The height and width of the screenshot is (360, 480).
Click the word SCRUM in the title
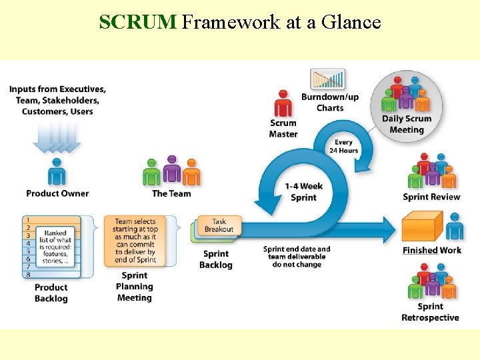click(137, 23)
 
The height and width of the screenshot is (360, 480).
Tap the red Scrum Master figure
click(283, 105)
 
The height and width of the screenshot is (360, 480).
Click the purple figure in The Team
click(172, 171)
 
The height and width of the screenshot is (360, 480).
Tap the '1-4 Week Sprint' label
click(303, 192)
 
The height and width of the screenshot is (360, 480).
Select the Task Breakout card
click(219, 225)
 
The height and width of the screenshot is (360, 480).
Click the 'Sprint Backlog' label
click(216, 259)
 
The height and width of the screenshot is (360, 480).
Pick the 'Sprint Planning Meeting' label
click(135, 287)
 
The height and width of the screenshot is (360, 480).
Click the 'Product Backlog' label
click(51, 293)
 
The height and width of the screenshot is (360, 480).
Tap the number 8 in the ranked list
click(28, 274)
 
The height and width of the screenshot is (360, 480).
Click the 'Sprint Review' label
click(431, 197)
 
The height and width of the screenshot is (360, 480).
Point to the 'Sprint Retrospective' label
click(430, 312)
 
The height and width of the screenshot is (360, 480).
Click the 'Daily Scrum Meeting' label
click(406, 124)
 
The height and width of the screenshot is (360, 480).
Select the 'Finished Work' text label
click(431, 251)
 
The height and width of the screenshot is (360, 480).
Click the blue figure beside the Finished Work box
click(455, 227)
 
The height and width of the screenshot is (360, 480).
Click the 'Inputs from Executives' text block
click(57, 100)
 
